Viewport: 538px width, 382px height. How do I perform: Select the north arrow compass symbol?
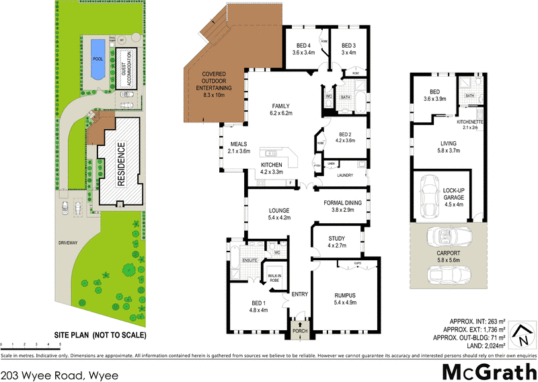[x=520, y=330]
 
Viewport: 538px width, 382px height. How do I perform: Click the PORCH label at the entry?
[x=297, y=331]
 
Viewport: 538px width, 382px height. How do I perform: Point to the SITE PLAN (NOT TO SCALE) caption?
[x=100, y=335]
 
